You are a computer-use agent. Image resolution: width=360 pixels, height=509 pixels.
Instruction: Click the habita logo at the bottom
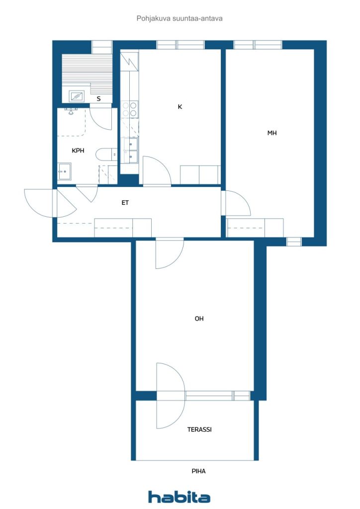[x=179, y=497]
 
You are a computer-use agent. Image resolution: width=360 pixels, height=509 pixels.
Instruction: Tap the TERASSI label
[x=199, y=429]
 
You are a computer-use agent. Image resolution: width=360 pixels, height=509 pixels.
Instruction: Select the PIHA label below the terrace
[x=198, y=471]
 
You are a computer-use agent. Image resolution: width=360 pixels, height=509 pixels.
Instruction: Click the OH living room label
[x=199, y=319]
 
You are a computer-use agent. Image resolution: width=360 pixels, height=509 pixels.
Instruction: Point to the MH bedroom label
[x=272, y=133]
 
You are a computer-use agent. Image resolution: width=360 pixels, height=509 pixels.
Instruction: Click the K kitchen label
[x=180, y=106]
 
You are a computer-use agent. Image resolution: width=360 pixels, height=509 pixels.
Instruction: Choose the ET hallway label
[x=125, y=203]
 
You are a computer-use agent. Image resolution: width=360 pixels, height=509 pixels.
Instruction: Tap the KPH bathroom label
[x=78, y=150]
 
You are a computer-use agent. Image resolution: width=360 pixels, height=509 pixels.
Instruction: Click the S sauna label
[x=98, y=99]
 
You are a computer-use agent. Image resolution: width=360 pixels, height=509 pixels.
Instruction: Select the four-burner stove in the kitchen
[x=129, y=109]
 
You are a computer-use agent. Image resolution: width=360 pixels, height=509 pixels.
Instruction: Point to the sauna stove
[x=77, y=96]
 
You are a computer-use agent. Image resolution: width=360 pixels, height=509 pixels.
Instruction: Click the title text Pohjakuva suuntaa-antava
[x=180, y=18]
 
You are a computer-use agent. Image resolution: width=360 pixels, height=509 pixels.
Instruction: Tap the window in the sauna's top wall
[x=102, y=47]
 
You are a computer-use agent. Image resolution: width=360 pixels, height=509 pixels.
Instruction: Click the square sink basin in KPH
[x=65, y=171]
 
